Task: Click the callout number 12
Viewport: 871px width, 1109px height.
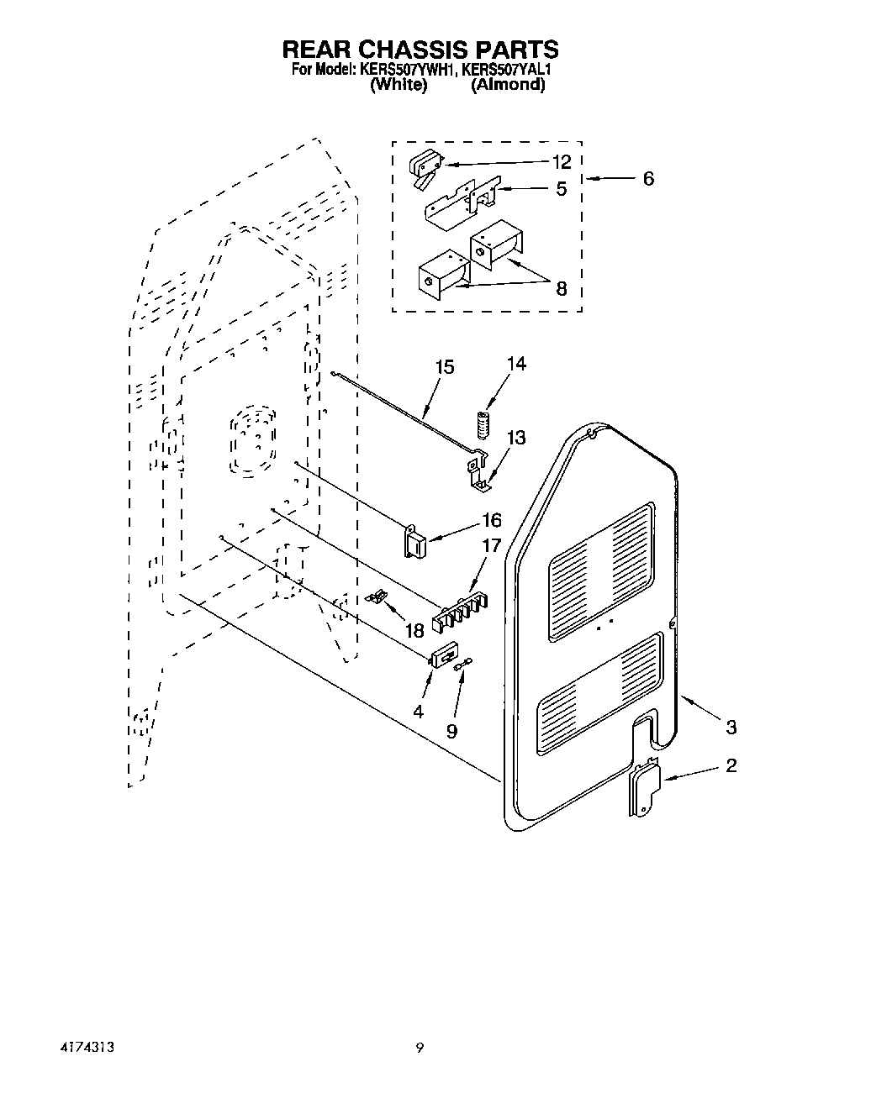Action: click(x=562, y=161)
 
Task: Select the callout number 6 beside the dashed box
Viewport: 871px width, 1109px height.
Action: click(x=647, y=179)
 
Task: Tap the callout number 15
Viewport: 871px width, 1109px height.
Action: click(x=445, y=367)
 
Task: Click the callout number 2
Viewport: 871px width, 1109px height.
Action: click(x=731, y=765)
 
